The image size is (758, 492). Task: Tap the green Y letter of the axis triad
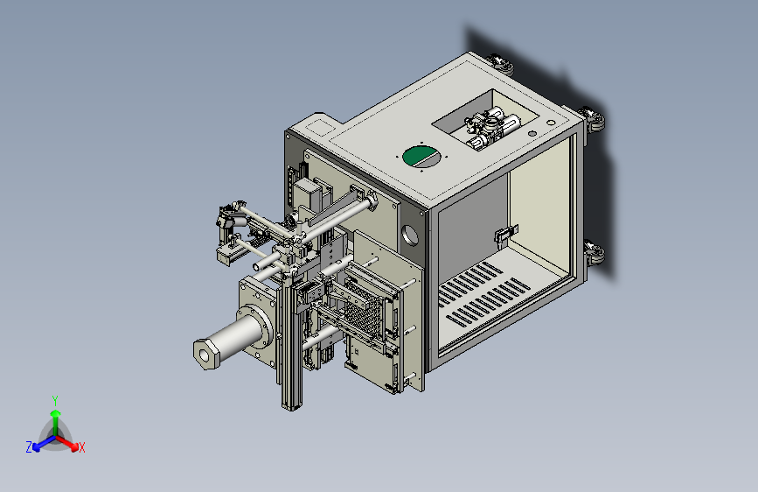click(55, 401)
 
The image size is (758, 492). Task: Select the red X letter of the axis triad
click(81, 448)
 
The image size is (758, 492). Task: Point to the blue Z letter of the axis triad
click(29, 447)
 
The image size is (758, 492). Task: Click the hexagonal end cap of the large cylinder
click(206, 355)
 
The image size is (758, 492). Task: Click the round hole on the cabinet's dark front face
click(409, 236)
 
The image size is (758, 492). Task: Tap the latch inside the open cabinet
click(505, 234)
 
